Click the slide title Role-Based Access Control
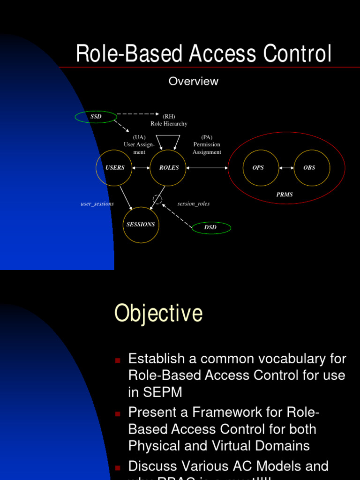point(204,54)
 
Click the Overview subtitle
point(193,81)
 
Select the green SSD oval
point(96,116)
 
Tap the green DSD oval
point(211,228)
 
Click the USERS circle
point(114,168)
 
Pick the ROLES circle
point(168,168)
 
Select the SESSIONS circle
point(141,225)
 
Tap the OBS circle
point(312,168)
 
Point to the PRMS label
point(285,195)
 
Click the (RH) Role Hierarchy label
point(169,120)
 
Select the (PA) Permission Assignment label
point(207,144)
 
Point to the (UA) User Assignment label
point(139,144)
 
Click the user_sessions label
point(97,204)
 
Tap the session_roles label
point(194,204)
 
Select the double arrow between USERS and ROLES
point(141,168)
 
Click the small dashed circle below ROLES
point(157,200)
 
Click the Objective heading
point(158,313)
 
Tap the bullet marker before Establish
point(118,360)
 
